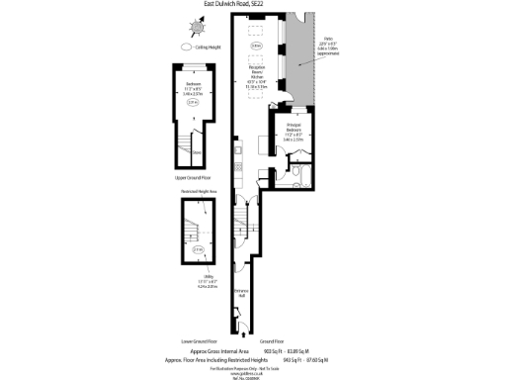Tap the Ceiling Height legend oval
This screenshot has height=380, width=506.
[185, 47]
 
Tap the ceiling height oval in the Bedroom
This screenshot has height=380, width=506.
[194, 101]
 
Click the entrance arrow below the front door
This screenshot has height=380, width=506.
[240, 329]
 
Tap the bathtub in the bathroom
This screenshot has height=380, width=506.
[304, 179]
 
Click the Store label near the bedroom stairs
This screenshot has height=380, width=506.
[198, 152]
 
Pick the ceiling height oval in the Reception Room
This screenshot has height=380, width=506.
[256, 46]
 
